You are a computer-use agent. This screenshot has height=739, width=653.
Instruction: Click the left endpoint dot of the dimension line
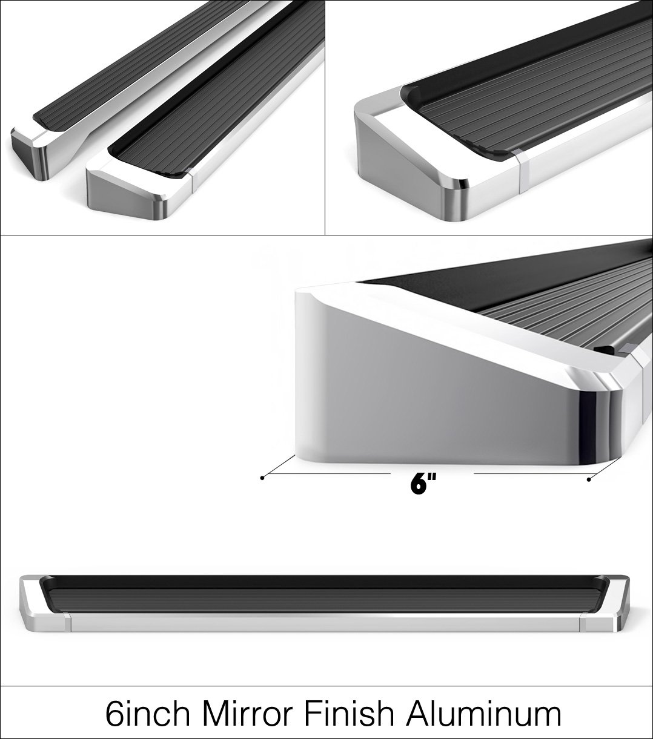coord(262,478)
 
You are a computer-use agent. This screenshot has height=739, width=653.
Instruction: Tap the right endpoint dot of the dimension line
coord(589,480)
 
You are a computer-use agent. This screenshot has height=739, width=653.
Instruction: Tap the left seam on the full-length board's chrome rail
coord(67,622)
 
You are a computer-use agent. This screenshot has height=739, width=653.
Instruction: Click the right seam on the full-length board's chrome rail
coord(583,622)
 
